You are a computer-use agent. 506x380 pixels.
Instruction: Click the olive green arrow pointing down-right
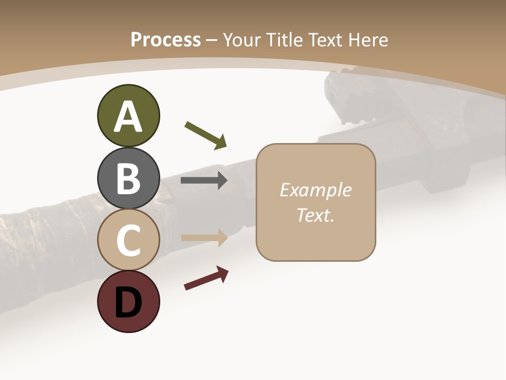pos(206,135)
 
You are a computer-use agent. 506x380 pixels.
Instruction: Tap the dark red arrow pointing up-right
pos(206,278)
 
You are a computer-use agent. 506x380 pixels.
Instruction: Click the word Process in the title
pos(166,40)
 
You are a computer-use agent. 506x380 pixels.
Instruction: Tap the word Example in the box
pos(315,190)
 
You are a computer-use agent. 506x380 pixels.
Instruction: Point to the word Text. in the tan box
pos(315,215)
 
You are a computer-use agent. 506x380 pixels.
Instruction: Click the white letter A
pos(128,117)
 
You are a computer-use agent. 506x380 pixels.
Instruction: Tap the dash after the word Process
pos(212,40)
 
